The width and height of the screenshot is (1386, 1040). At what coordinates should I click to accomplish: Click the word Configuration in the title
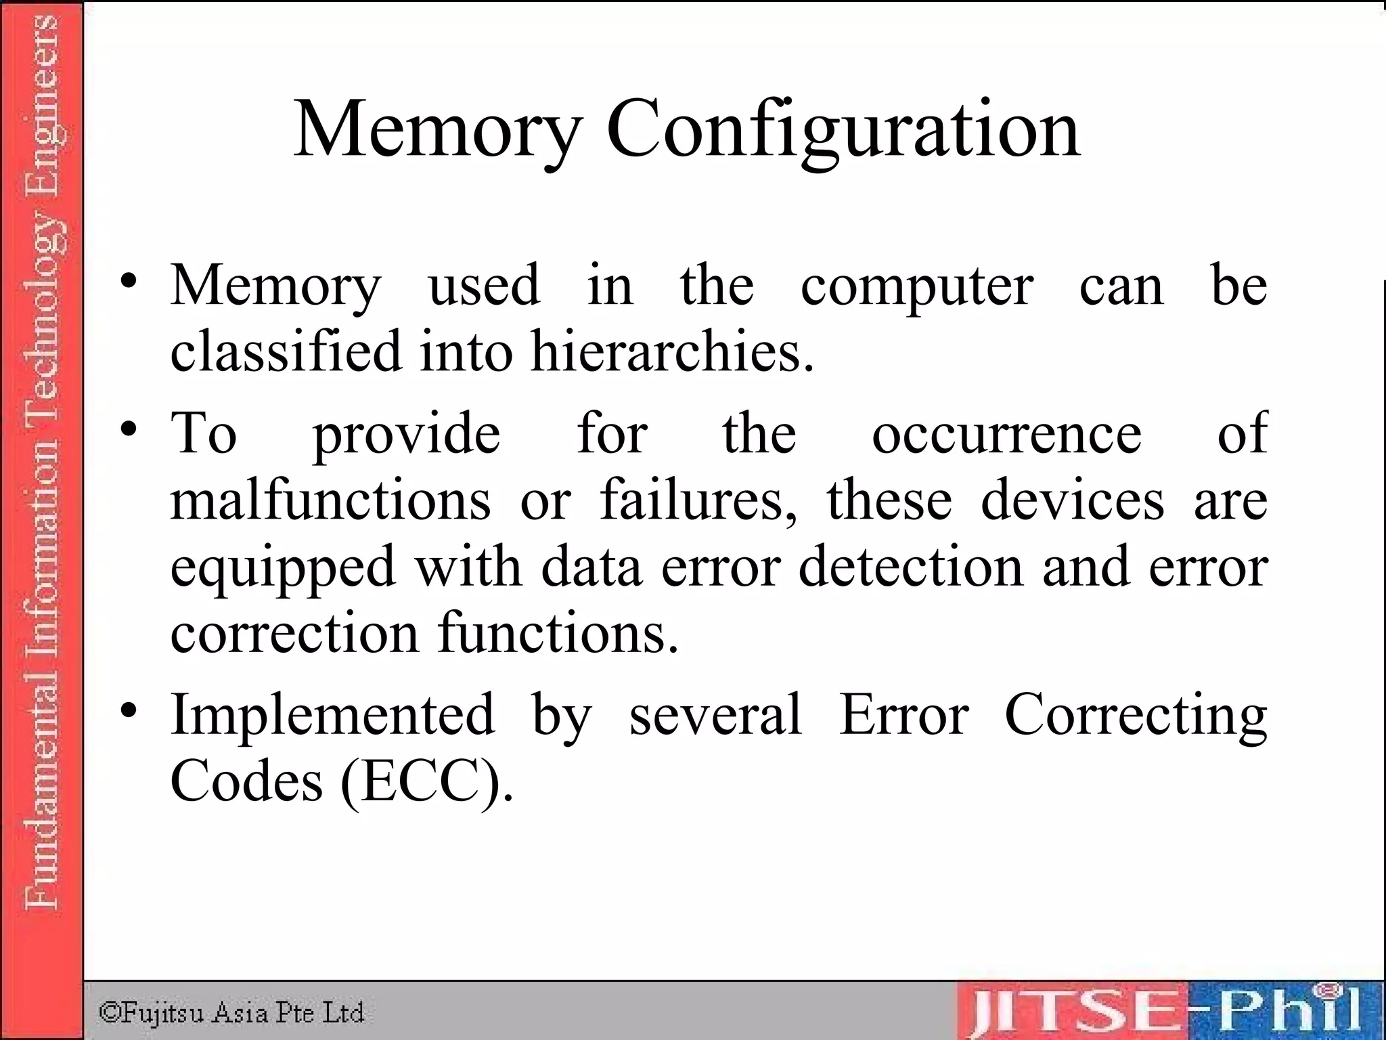click(843, 130)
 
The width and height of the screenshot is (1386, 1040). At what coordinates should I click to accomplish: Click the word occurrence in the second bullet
click(1007, 433)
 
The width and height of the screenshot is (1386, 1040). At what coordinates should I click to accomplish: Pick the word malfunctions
click(330, 500)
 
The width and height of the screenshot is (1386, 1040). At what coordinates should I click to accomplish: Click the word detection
click(911, 567)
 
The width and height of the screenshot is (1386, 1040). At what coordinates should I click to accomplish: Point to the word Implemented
click(332, 715)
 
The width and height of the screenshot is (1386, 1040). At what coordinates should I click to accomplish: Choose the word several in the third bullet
click(715, 715)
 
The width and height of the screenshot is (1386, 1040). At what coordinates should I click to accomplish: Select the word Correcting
click(1136, 716)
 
